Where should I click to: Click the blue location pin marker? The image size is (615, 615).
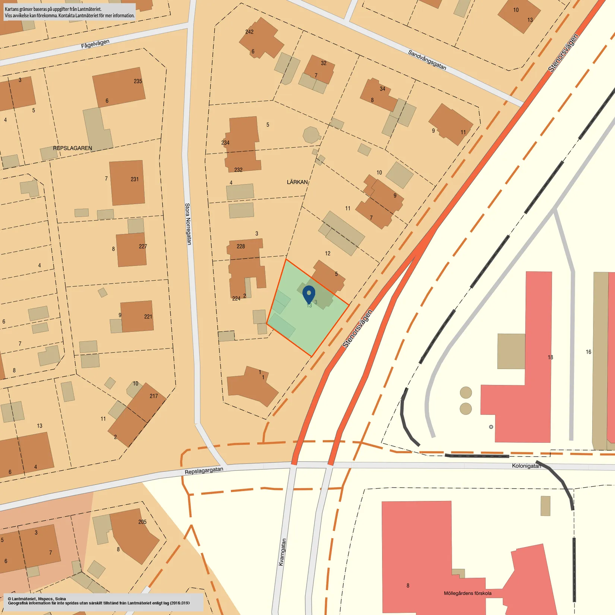coord(309,294)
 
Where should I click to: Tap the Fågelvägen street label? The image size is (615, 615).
coord(95,44)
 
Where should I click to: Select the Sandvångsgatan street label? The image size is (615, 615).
coord(427,60)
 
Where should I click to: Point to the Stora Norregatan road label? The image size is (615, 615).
coord(188,224)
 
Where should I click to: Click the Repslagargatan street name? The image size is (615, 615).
coord(204,471)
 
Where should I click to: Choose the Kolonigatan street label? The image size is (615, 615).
coord(526,466)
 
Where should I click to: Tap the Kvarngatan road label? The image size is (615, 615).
coord(282,552)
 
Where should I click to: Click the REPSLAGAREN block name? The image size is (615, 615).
coord(72,148)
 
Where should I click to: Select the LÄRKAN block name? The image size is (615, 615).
coord(297,182)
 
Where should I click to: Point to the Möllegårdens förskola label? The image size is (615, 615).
coord(467,593)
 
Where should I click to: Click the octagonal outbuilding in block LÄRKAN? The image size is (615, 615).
coord(311,135)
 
